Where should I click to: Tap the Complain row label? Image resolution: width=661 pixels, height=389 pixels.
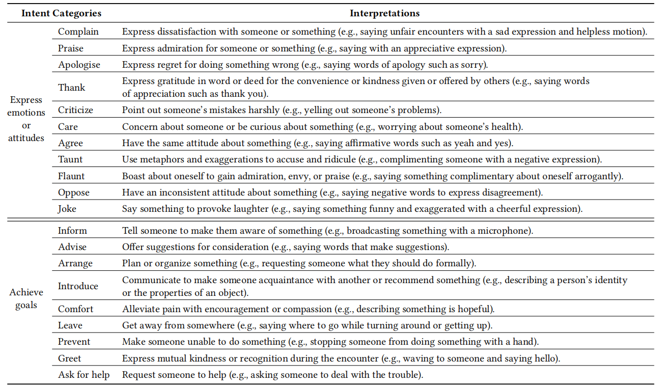tap(78, 32)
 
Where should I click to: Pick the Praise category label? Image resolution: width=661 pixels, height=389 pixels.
tap(71, 48)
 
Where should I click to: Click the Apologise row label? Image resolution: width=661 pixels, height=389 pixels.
tap(79, 65)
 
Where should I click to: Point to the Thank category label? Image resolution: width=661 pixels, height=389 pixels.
tap(71, 88)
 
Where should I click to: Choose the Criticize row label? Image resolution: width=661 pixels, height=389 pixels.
tap(75, 110)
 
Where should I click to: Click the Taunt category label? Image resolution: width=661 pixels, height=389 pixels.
tap(70, 159)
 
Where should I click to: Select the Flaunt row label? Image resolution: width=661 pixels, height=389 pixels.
tap(71, 176)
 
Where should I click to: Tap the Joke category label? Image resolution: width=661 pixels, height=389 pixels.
tap(67, 209)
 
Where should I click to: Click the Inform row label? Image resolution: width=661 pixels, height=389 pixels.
tap(72, 231)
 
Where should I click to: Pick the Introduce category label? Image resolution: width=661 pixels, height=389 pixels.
tap(78, 286)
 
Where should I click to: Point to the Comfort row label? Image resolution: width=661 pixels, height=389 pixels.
tap(76, 309)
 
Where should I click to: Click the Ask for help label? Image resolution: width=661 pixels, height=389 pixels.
tap(84, 375)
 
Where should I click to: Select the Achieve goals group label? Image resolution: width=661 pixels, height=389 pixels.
tap(26, 299)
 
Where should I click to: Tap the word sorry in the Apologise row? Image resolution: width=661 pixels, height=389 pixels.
tap(475, 65)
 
